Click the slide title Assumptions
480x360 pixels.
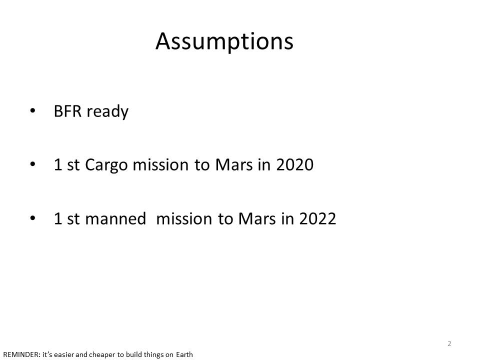click(224, 41)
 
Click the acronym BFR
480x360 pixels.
click(67, 111)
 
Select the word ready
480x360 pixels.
click(107, 111)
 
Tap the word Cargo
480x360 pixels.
click(106, 165)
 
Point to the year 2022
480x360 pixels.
click(318, 218)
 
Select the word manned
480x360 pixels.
click(115, 218)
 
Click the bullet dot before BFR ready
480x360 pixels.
click(33, 110)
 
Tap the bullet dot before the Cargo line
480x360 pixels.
click(33, 164)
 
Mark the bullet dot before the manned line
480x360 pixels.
click(33, 218)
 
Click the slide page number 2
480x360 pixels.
click(449, 343)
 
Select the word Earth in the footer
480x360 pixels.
click(184, 354)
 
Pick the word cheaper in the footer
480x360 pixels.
click(102, 355)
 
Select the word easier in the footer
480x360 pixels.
click(64, 354)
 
